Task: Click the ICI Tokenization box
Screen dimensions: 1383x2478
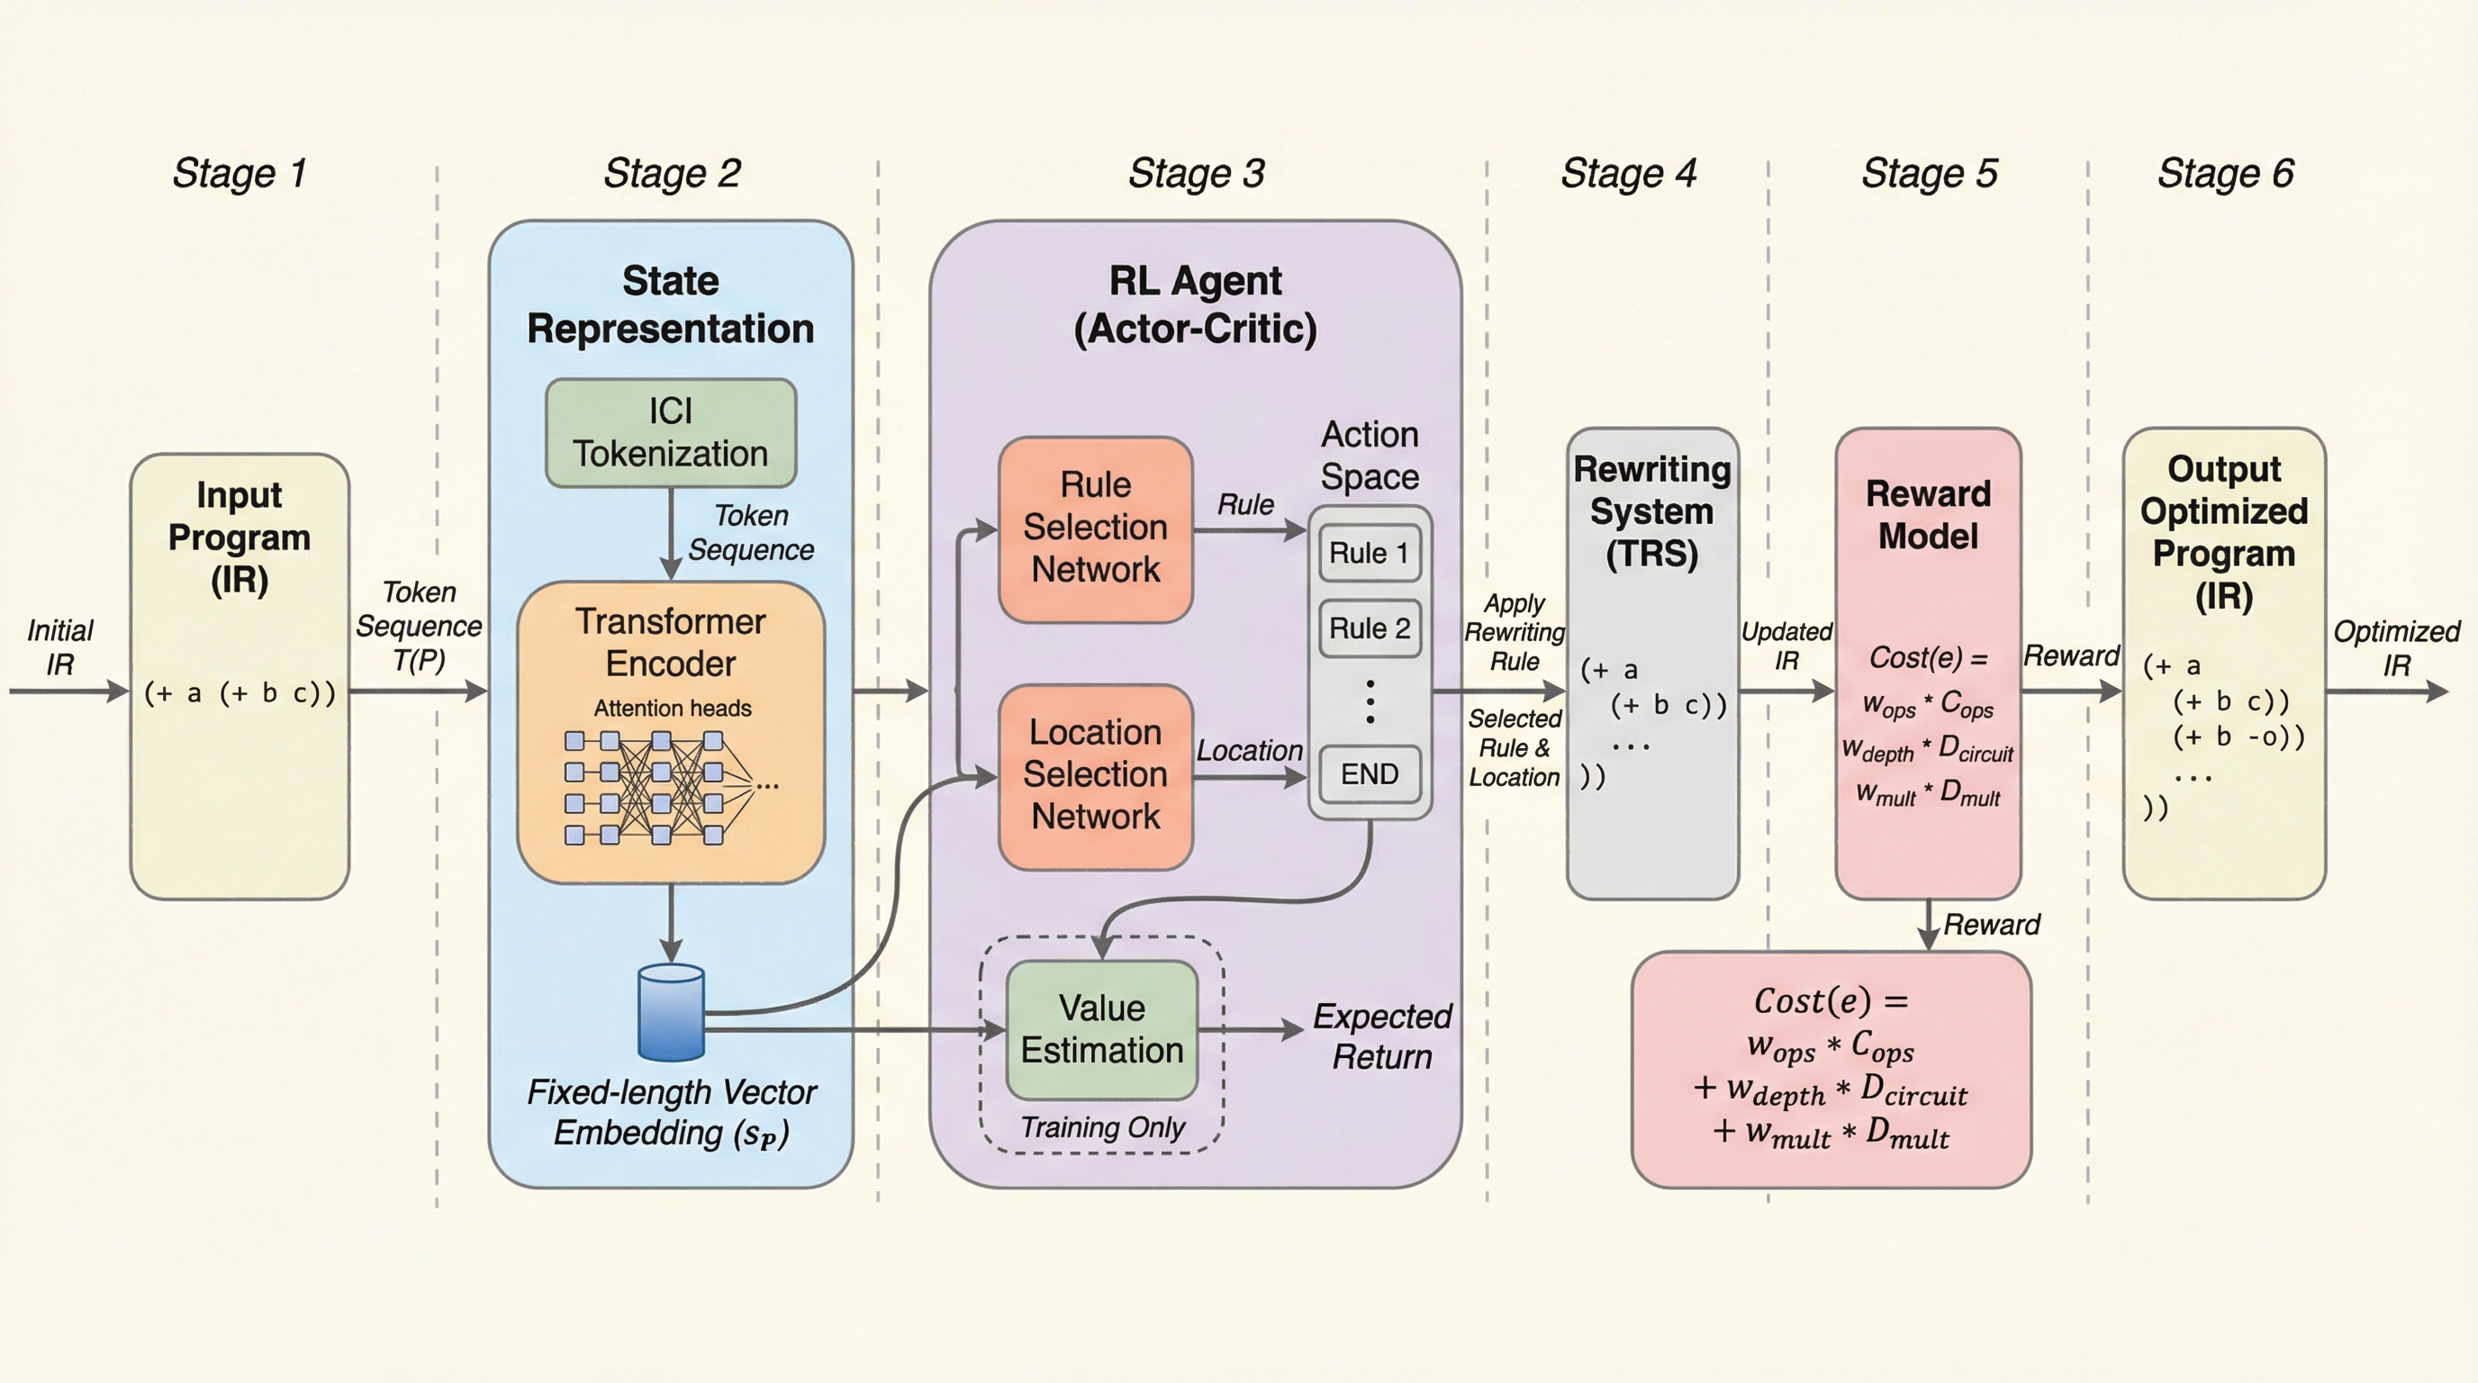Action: click(x=671, y=433)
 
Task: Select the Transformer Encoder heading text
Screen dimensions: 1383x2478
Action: click(x=671, y=643)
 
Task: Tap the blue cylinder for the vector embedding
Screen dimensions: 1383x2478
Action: click(x=672, y=1013)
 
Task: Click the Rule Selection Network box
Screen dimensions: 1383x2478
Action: click(x=1096, y=528)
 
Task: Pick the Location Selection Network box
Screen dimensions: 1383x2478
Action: click(x=1096, y=775)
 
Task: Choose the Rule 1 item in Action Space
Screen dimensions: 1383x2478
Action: click(x=1369, y=553)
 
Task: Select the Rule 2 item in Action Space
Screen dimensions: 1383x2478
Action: click(x=1369, y=629)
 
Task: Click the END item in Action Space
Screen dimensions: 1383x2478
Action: click(x=1369, y=774)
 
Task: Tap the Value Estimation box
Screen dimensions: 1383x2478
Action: click(x=1102, y=1029)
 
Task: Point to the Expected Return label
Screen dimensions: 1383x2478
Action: click(x=1382, y=1035)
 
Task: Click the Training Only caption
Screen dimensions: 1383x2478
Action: click(x=1102, y=1127)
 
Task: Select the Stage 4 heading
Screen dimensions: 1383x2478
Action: click(x=1629, y=174)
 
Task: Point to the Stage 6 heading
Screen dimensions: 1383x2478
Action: click(x=2225, y=174)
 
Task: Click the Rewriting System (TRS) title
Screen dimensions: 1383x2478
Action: click(x=1651, y=511)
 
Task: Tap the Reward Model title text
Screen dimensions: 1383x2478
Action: click(x=1928, y=514)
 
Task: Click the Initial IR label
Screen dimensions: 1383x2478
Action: click(x=59, y=647)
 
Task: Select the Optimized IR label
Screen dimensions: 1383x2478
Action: click(x=2396, y=648)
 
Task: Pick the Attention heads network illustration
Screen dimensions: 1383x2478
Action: click(x=664, y=787)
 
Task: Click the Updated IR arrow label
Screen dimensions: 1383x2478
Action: click(x=1786, y=646)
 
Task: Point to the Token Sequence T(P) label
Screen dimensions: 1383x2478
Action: click(x=419, y=626)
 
